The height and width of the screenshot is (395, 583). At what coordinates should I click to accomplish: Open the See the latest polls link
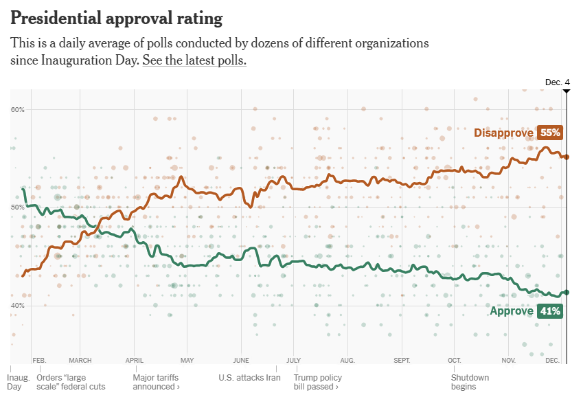[194, 60]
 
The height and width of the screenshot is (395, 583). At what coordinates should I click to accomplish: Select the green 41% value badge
[550, 311]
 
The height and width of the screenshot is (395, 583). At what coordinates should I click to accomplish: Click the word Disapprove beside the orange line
[503, 133]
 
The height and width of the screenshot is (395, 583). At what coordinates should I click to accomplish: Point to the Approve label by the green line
[512, 311]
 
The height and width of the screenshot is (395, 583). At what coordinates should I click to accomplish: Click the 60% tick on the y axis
[18, 110]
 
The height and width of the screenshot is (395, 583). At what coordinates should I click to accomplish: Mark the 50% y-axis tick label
[18, 207]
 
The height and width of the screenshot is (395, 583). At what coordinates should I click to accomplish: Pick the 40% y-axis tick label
[18, 306]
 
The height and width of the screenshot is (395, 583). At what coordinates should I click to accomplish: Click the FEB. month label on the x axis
[39, 360]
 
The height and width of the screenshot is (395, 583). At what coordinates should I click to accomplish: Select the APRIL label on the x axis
[135, 360]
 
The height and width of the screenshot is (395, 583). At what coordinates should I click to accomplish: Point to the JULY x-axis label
[294, 360]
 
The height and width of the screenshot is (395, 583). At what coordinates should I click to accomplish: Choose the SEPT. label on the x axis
[402, 360]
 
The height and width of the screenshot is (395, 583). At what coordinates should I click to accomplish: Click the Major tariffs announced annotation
[157, 382]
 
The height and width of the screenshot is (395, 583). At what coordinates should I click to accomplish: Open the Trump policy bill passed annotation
[318, 382]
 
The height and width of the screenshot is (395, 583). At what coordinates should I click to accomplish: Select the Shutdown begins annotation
[470, 382]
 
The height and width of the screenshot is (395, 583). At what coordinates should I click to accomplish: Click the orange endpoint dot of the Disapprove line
[567, 157]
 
